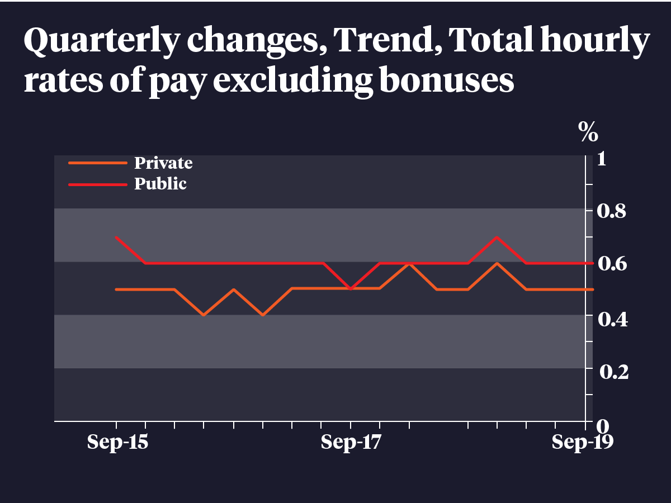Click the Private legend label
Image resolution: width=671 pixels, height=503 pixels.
pos(163,163)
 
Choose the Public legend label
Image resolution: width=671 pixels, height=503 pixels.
pos(160,183)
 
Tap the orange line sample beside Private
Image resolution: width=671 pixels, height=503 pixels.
pos(98,163)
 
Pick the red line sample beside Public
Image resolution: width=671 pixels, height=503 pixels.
pos(98,183)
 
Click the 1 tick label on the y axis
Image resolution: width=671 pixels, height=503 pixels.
pos(602,159)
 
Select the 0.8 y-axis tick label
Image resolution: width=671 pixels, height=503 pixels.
pos(611,211)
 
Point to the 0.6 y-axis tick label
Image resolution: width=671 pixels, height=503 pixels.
pos(611,264)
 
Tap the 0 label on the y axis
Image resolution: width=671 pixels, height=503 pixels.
pos(602,425)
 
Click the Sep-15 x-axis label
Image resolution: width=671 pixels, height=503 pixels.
pos(117,443)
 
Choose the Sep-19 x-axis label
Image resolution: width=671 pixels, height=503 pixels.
pos(582,443)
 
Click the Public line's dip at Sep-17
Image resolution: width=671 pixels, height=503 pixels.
pos(351,289)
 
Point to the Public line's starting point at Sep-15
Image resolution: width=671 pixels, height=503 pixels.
pos(116,237)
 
